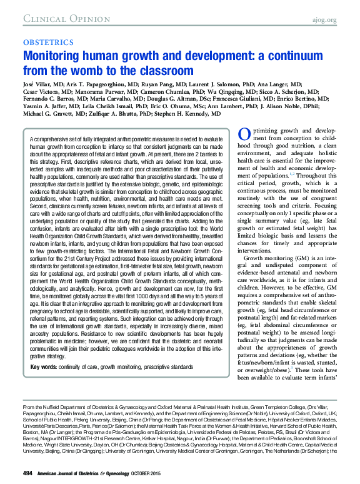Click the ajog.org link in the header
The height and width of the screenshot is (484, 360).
coord(324,19)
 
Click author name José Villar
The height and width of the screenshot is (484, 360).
coord(38,84)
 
